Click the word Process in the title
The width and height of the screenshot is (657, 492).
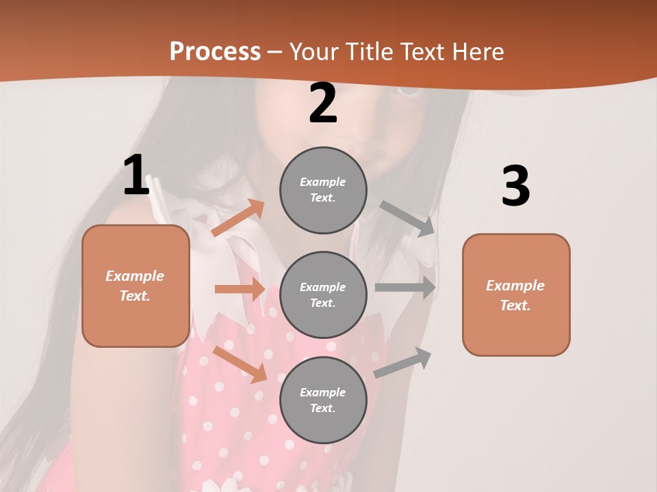tap(215, 51)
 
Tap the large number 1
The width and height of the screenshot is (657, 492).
tap(136, 176)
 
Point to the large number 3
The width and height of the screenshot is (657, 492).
tap(515, 186)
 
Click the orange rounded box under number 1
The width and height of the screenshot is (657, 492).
tap(136, 286)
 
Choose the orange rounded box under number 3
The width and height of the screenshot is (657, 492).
tap(516, 295)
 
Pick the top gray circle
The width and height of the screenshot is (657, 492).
tap(323, 190)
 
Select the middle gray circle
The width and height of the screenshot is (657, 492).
tap(323, 295)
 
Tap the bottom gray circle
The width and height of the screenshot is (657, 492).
tap(323, 400)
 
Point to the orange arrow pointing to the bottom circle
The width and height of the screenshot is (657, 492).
tap(240, 364)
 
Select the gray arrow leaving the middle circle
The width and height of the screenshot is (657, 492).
tap(405, 288)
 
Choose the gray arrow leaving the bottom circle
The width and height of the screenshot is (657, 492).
tap(402, 362)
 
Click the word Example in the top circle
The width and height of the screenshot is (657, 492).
tap(322, 182)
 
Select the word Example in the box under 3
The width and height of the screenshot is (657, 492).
tap(515, 286)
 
